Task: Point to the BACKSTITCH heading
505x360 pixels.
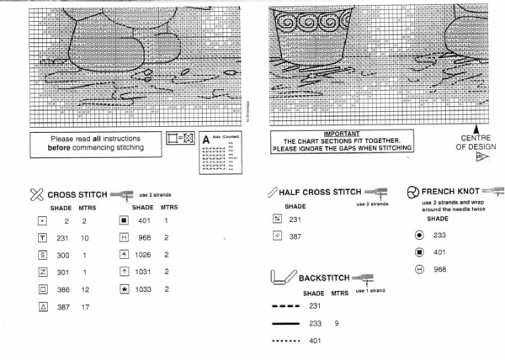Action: (x=321, y=278)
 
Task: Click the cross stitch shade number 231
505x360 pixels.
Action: (x=62, y=238)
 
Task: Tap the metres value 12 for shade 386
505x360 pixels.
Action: (x=85, y=289)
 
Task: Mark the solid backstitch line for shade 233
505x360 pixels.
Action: (x=287, y=323)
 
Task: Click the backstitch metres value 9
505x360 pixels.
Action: (x=338, y=323)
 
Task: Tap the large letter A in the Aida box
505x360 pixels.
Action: (x=206, y=135)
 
